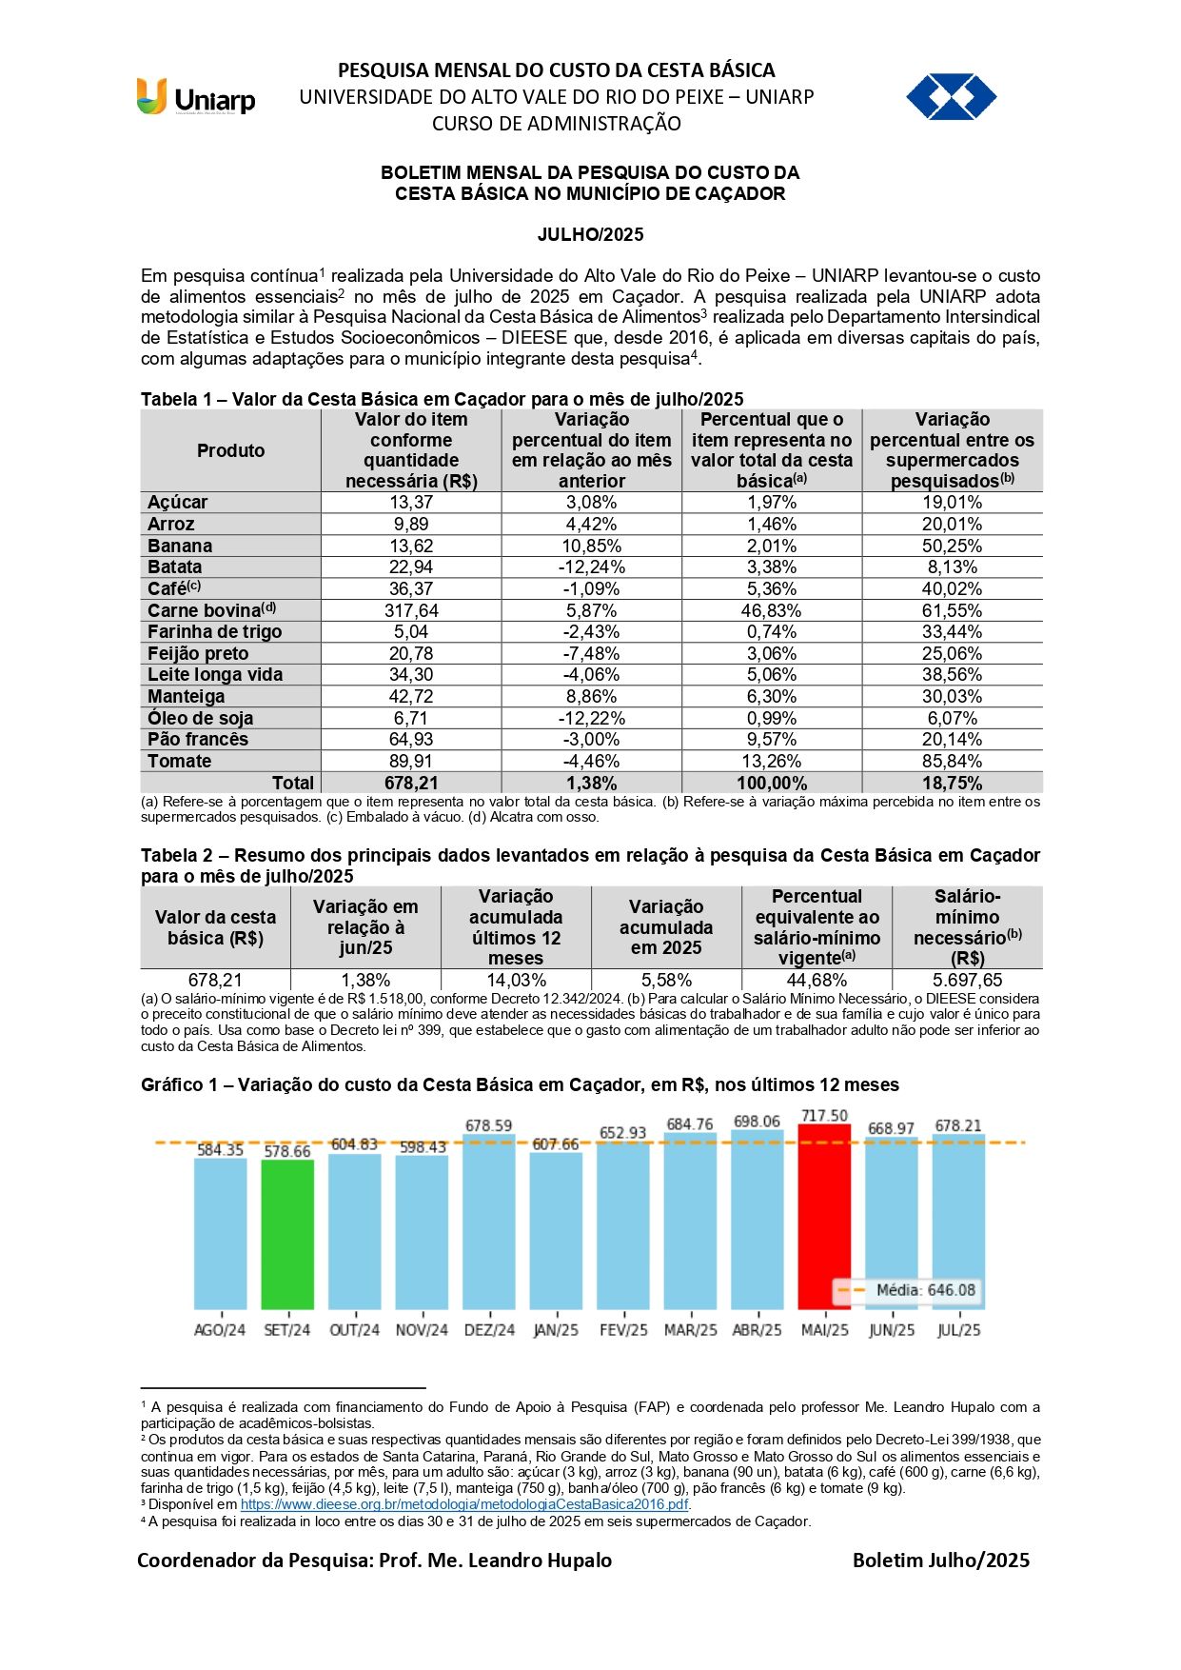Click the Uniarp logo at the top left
pyautogui.click(x=196, y=97)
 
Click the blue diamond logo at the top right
pyautogui.click(x=951, y=97)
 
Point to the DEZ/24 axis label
pyautogui.click(x=489, y=1330)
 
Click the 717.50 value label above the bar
pyautogui.click(x=824, y=1116)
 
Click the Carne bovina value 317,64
pyautogui.click(x=411, y=610)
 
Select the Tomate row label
pyautogui.click(x=180, y=761)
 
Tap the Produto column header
pyautogui.click(x=230, y=450)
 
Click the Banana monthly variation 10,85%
pyautogui.click(x=592, y=546)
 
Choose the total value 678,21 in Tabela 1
pyautogui.click(x=411, y=783)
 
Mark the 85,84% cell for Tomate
pyautogui.click(x=952, y=761)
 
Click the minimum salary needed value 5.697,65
pyautogui.click(x=967, y=980)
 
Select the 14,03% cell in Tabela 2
pyautogui.click(x=516, y=980)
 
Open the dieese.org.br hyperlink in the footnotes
pyautogui.click(x=463, y=1504)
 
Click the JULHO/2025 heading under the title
pyautogui.click(x=590, y=234)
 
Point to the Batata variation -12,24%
pyautogui.click(x=592, y=567)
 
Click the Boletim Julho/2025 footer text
pyautogui.click(x=940, y=1560)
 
